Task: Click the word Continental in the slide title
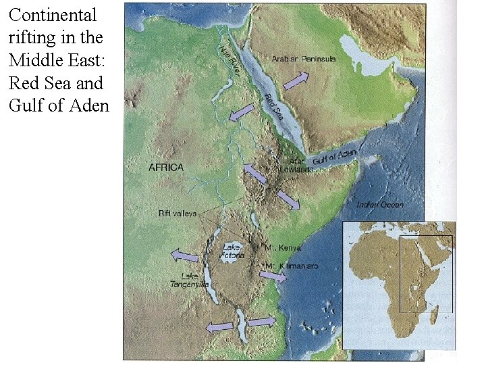[x=53, y=15]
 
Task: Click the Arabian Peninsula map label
[x=304, y=59]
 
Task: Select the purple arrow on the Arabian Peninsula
[x=295, y=81]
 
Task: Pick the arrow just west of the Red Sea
[x=242, y=113]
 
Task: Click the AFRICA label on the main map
[x=166, y=167]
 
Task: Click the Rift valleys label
[x=178, y=214]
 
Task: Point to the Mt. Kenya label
[x=284, y=248]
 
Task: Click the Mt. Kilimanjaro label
[x=292, y=266]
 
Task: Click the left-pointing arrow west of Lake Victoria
[x=184, y=255]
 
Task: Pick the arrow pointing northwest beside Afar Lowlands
[x=254, y=173]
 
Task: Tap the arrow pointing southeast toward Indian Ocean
[x=289, y=201]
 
